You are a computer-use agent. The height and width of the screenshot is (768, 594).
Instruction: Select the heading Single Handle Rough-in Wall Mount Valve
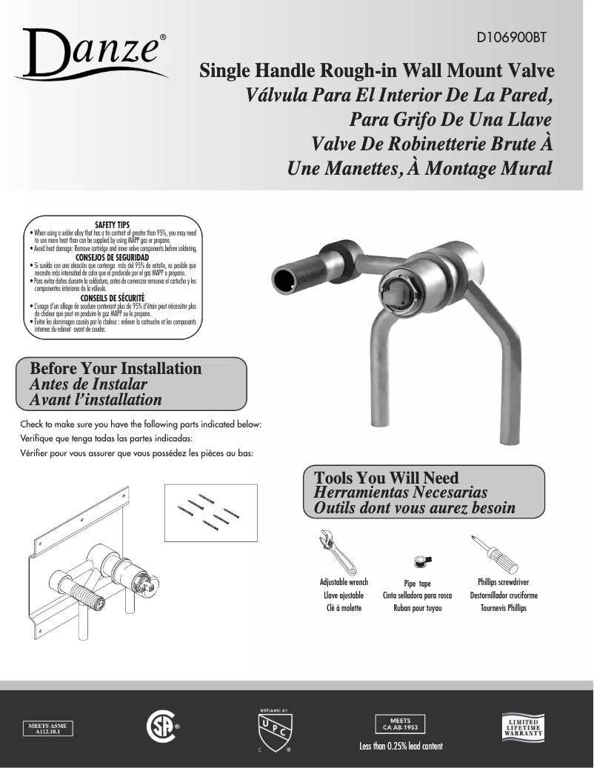[377, 72]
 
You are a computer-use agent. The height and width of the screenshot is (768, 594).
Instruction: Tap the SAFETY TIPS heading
[113, 224]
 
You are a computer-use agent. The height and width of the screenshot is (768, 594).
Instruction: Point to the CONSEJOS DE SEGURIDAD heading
[113, 257]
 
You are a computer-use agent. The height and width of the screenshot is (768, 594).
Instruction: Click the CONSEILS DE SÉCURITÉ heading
[113, 298]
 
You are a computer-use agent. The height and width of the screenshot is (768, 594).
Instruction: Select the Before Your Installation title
[116, 369]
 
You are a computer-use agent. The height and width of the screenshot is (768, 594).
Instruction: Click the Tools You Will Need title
[387, 478]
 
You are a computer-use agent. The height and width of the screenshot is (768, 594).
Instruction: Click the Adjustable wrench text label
[344, 582]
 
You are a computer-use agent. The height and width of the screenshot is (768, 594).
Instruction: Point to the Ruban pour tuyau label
[418, 609]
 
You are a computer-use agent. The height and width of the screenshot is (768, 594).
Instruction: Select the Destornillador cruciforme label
[504, 595]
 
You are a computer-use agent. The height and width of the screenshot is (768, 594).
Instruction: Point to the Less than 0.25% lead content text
[401, 746]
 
